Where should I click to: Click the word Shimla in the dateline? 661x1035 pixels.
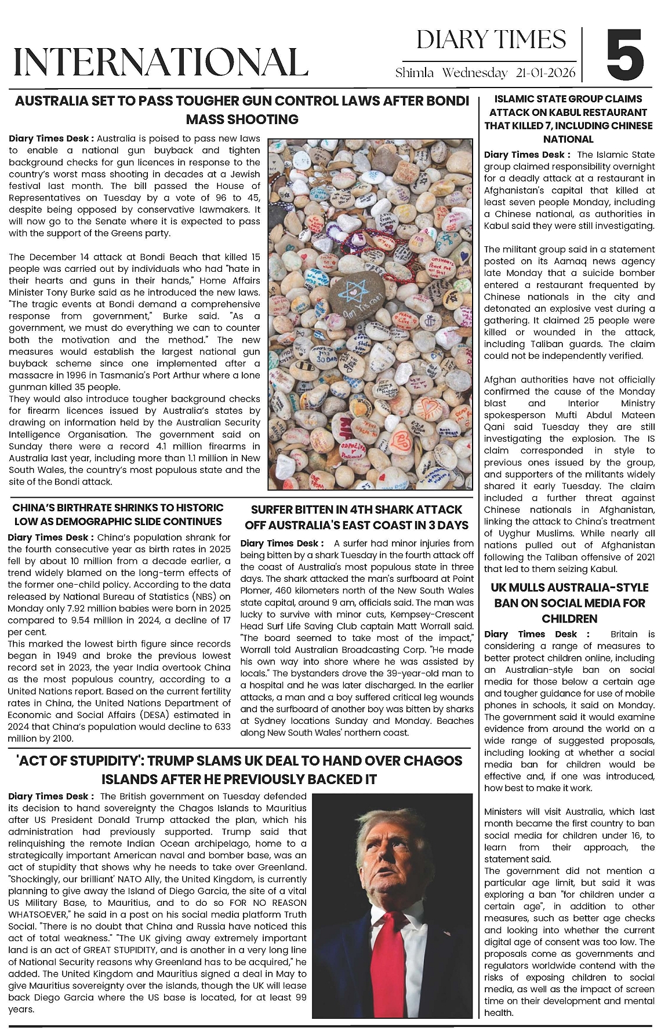(414, 73)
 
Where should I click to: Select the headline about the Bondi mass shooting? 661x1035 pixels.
(242, 110)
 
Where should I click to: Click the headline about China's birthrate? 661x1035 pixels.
(118, 514)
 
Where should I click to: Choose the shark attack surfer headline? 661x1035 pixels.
(356, 517)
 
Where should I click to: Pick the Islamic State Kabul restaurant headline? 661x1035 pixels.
(568, 119)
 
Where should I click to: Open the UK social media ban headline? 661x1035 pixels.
(568, 603)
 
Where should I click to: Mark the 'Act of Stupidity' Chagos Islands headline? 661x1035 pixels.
(239, 770)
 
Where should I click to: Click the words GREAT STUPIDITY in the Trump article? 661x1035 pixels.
(118, 950)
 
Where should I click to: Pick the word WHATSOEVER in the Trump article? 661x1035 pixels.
(36, 914)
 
